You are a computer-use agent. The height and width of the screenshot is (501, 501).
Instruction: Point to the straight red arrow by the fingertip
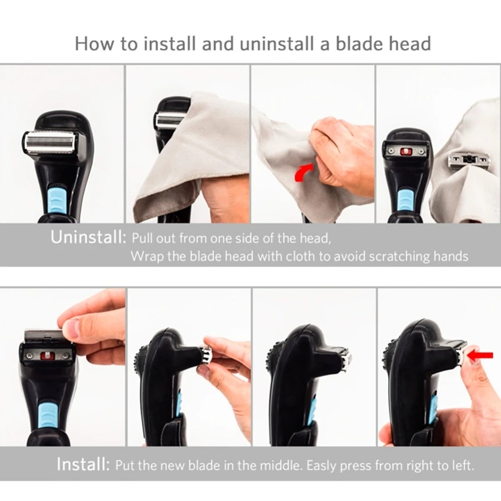(x=479, y=356)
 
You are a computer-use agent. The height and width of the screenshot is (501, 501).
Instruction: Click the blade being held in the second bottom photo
(x=206, y=357)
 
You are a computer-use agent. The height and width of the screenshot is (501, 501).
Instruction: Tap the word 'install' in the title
(x=168, y=44)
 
